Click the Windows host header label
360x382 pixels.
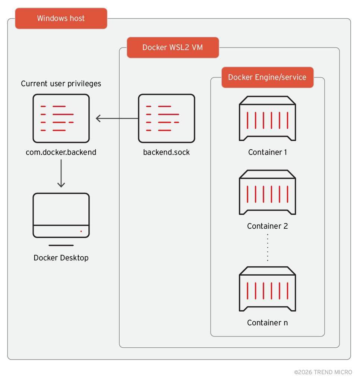pos(61,18)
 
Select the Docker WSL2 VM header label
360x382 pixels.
pos(173,47)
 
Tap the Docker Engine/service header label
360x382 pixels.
pos(267,77)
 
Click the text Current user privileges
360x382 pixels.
pos(61,84)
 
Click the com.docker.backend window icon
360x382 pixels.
pos(61,118)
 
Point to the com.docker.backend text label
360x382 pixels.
pos(61,152)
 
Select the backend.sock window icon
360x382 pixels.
pos(166,118)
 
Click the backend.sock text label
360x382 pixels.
pos(166,152)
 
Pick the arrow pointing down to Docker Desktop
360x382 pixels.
pos(61,173)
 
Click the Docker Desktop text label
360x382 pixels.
pos(61,258)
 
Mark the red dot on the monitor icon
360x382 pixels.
pos(81,231)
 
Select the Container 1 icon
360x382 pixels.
pos(267,118)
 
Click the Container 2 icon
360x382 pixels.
pos(267,192)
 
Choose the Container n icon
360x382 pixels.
pos(267,289)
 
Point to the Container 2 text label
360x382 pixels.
pos(267,226)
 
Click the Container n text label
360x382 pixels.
pos(267,323)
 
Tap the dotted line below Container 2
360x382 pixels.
pos(267,248)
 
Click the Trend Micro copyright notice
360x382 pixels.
pos(325,372)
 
